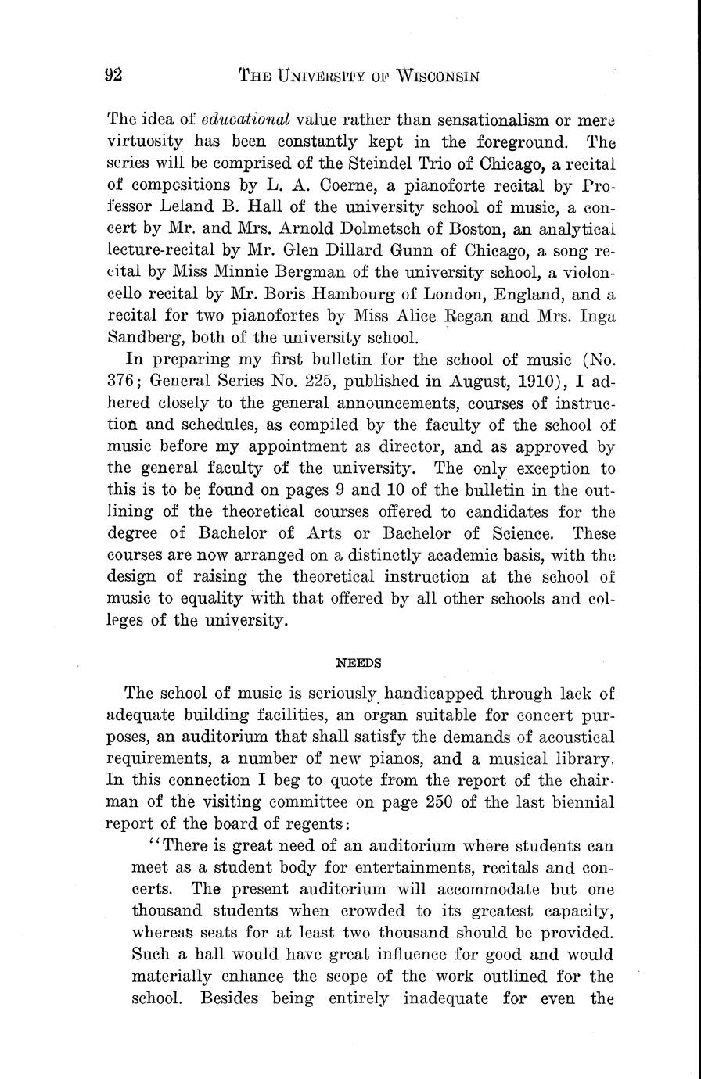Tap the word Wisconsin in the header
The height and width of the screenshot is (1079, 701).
pyautogui.click(x=437, y=76)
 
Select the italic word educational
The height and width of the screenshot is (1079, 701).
pyautogui.click(x=246, y=120)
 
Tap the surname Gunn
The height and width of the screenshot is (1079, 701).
pyautogui.click(x=424, y=251)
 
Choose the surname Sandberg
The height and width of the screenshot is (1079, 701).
pyautogui.click(x=137, y=338)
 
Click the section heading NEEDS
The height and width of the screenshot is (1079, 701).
pyautogui.click(x=358, y=663)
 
